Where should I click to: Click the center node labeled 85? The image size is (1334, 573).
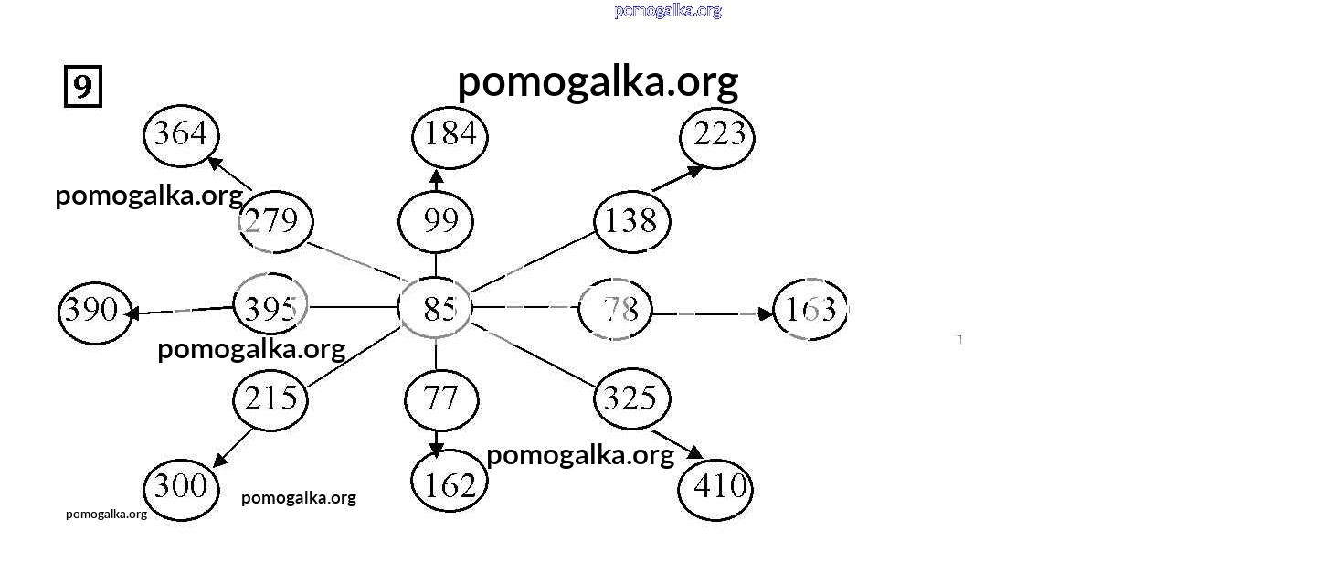tap(436, 309)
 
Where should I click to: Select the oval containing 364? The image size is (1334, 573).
tap(181, 135)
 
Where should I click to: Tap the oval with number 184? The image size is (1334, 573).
tap(450, 136)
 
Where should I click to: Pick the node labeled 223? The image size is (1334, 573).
tap(718, 137)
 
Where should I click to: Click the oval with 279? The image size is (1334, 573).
tap(276, 221)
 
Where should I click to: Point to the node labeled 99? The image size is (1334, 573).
tap(437, 222)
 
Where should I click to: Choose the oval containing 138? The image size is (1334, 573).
tap(632, 221)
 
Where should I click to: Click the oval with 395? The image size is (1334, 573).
tap(271, 308)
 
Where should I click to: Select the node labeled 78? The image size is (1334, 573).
tap(616, 310)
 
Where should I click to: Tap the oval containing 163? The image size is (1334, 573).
tap(810, 310)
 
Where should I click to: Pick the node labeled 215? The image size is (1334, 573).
tap(271, 398)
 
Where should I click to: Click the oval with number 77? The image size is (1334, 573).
tap(441, 399)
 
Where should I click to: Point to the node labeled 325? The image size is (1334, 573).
tap(632, 398)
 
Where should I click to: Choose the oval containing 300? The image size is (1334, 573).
tap(182, 486)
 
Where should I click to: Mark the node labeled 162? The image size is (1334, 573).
tap(450, 484)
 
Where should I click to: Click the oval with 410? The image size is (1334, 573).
tap(715, 487)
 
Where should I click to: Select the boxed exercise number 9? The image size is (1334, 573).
tap(82, 87)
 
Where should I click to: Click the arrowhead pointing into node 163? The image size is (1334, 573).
tap(765, 313)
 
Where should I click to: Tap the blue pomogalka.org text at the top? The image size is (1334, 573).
tap(668, 11)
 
